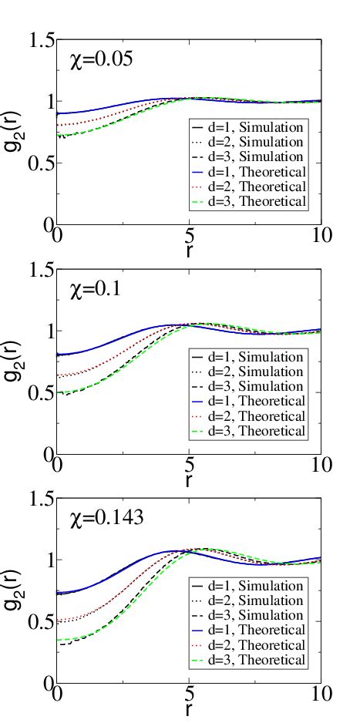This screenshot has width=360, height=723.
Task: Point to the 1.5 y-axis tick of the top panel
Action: coord(39,40)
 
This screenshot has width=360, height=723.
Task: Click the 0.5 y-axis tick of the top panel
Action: coord(39,163)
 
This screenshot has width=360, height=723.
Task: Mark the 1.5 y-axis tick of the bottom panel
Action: coord(39,499)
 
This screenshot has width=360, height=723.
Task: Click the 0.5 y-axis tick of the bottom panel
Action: coord(39,622)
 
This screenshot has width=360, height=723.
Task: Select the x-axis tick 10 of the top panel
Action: coord(321,235)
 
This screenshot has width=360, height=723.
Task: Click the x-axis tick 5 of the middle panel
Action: coord(189,464)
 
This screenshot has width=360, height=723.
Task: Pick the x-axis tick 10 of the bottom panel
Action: coord(321,694)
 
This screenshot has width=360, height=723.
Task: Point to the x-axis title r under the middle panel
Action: coord(189,479)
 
